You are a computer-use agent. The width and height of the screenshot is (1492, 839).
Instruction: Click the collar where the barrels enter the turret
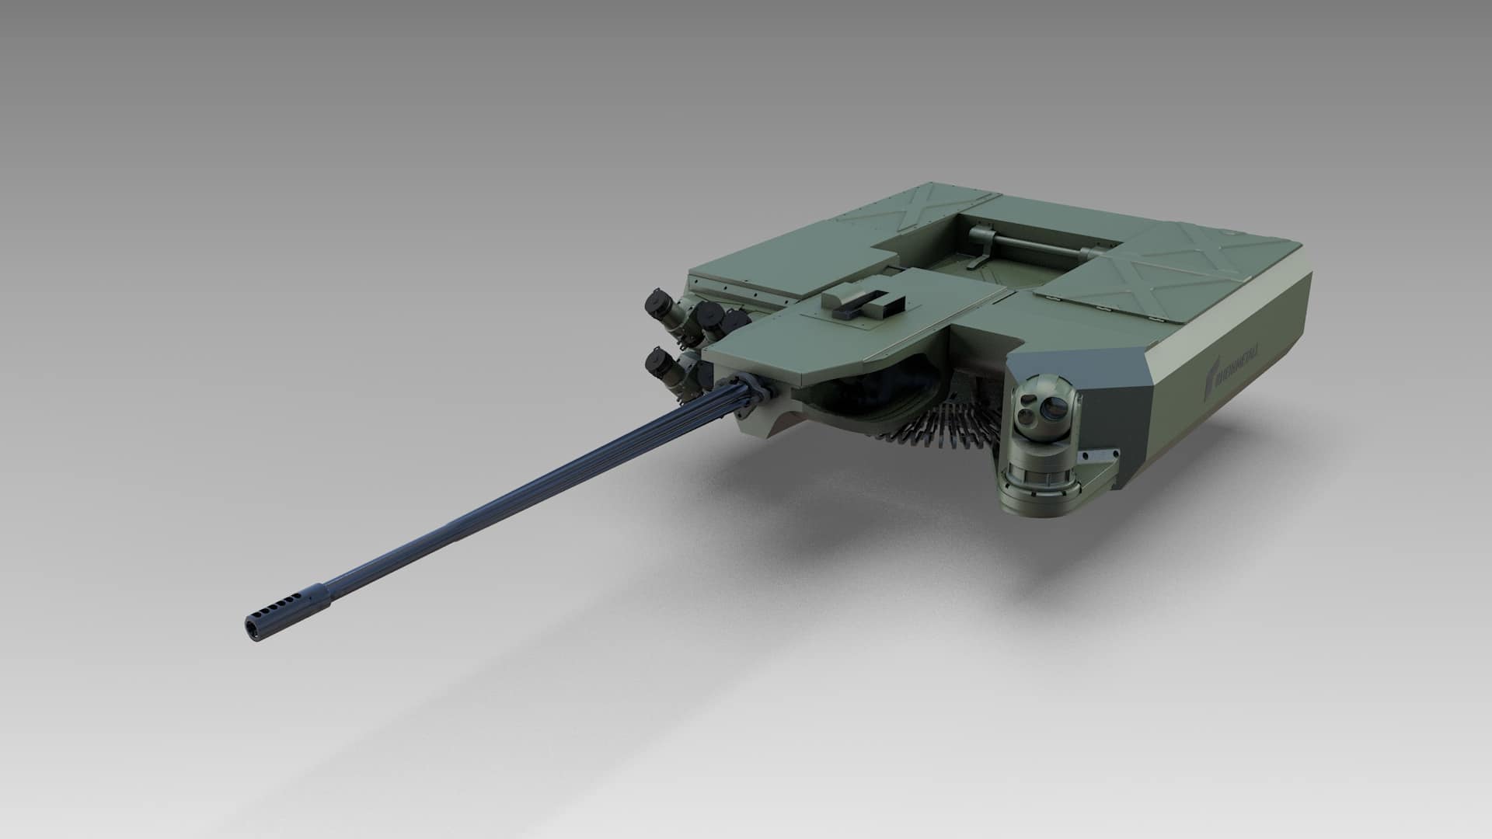(x=750, y=384)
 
